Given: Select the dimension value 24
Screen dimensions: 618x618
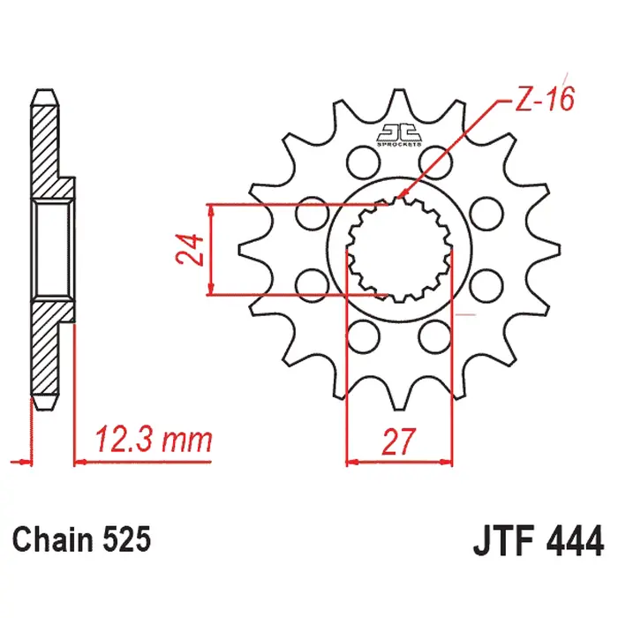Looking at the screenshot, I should [x=189, y=250].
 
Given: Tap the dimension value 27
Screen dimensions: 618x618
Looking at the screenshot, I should [x=398, y=441].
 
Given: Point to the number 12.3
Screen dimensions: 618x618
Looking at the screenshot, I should [x=123, y=438].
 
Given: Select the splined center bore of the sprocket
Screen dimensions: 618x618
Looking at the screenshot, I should [x=397, y=250].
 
